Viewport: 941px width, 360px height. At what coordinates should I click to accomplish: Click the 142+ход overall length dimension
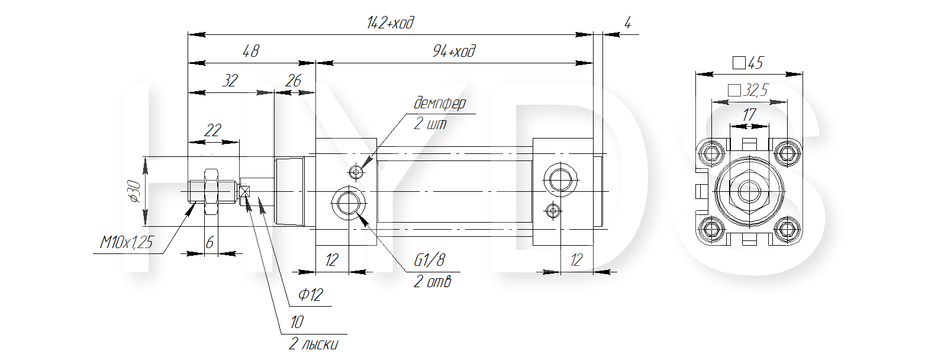pos(390,22)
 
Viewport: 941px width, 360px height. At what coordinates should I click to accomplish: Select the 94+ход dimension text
pos(454,52)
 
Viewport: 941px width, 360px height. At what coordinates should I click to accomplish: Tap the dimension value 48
pos(251,52)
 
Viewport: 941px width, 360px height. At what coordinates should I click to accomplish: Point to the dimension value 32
pos(230,81)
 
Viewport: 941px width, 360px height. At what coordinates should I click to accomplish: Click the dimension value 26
pos(293,81)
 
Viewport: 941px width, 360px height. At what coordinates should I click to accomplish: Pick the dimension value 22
pos(212,130)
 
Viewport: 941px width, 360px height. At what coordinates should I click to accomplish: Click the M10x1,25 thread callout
pos(127,242)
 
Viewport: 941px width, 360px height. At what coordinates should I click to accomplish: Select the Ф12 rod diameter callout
pos(311,295)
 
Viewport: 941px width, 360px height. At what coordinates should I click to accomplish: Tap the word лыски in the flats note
pos(320,345)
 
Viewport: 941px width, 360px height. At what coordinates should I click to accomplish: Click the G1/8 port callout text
pos(429,261)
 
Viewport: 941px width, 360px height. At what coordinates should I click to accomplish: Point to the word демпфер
pos(440,103)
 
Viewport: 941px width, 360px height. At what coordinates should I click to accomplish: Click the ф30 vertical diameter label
pos(134,191)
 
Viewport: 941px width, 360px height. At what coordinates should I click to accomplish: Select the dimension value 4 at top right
pos(627,22)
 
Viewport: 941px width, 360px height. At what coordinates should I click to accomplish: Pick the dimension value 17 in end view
pos(749,115)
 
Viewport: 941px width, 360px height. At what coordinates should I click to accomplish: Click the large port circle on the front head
pos(348,203)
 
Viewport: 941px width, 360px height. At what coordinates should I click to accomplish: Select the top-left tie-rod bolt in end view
pos(711,153)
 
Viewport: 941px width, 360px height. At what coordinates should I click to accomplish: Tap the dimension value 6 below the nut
pos(210,242)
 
